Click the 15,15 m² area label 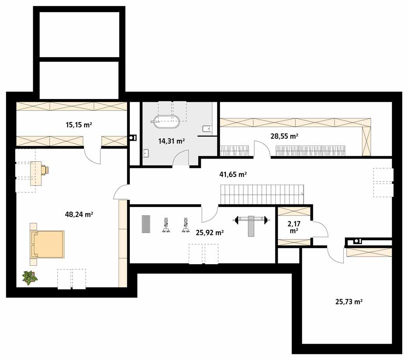coord(79,125)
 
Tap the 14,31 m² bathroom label coord(171,141)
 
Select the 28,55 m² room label coord(284,136)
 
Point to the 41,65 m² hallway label coord(233,175)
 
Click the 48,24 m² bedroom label coord(79,214)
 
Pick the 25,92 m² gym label coord(209,233)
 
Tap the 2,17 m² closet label coord(294,227)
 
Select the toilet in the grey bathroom coord(206,129)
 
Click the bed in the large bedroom coord(48,244)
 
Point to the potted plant coord(30,278)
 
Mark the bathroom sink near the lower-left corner coord(146,153)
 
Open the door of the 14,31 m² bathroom coord(181,159)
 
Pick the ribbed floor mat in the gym coord(145,224)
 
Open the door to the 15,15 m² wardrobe coord(92,155)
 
